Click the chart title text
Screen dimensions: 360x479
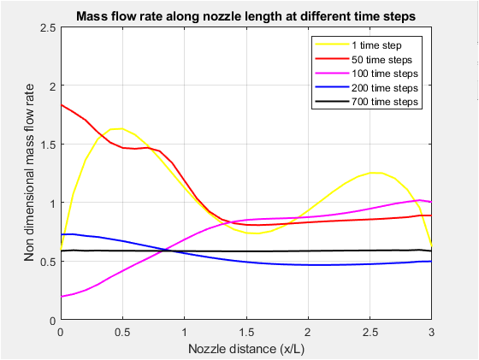pos(245,15)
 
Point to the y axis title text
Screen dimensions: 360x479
pos(29,173)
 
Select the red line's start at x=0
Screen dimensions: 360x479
pos(61,105)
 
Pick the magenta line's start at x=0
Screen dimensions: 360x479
pos(61,296)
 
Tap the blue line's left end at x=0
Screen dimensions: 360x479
pos(61,234)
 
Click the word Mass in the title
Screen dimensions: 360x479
pos(92,15)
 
